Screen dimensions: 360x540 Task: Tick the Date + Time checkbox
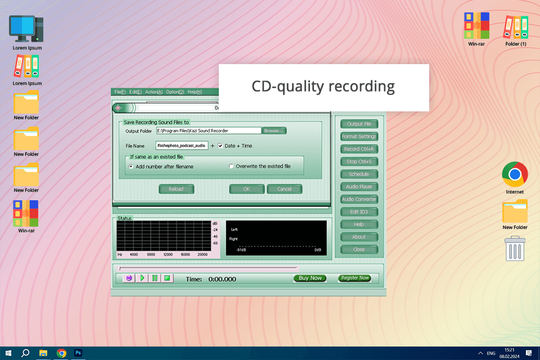(x=220, y=146)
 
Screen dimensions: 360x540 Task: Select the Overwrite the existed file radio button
(x=231, y=166)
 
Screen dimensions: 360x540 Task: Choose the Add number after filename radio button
(x=131, y=166)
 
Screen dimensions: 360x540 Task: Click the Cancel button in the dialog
(x=284, y=189)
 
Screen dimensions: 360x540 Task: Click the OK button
(x=246, y=189)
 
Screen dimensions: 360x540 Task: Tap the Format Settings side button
(x=359, y=137)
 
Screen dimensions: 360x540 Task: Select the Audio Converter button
(x=359, y=199)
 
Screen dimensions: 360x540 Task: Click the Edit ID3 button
(x=359, y=212)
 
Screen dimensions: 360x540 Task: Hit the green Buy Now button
(x=310, y=278)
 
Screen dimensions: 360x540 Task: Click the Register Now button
(x=355, y=278)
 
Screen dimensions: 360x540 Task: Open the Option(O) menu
(x=175, y=92)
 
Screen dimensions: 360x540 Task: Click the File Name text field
(x=182, y=146)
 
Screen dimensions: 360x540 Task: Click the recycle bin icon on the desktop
(x=515, y=249)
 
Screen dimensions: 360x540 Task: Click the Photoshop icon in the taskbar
(x=79, y=353)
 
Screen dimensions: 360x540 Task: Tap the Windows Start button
(x=8, y=353)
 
